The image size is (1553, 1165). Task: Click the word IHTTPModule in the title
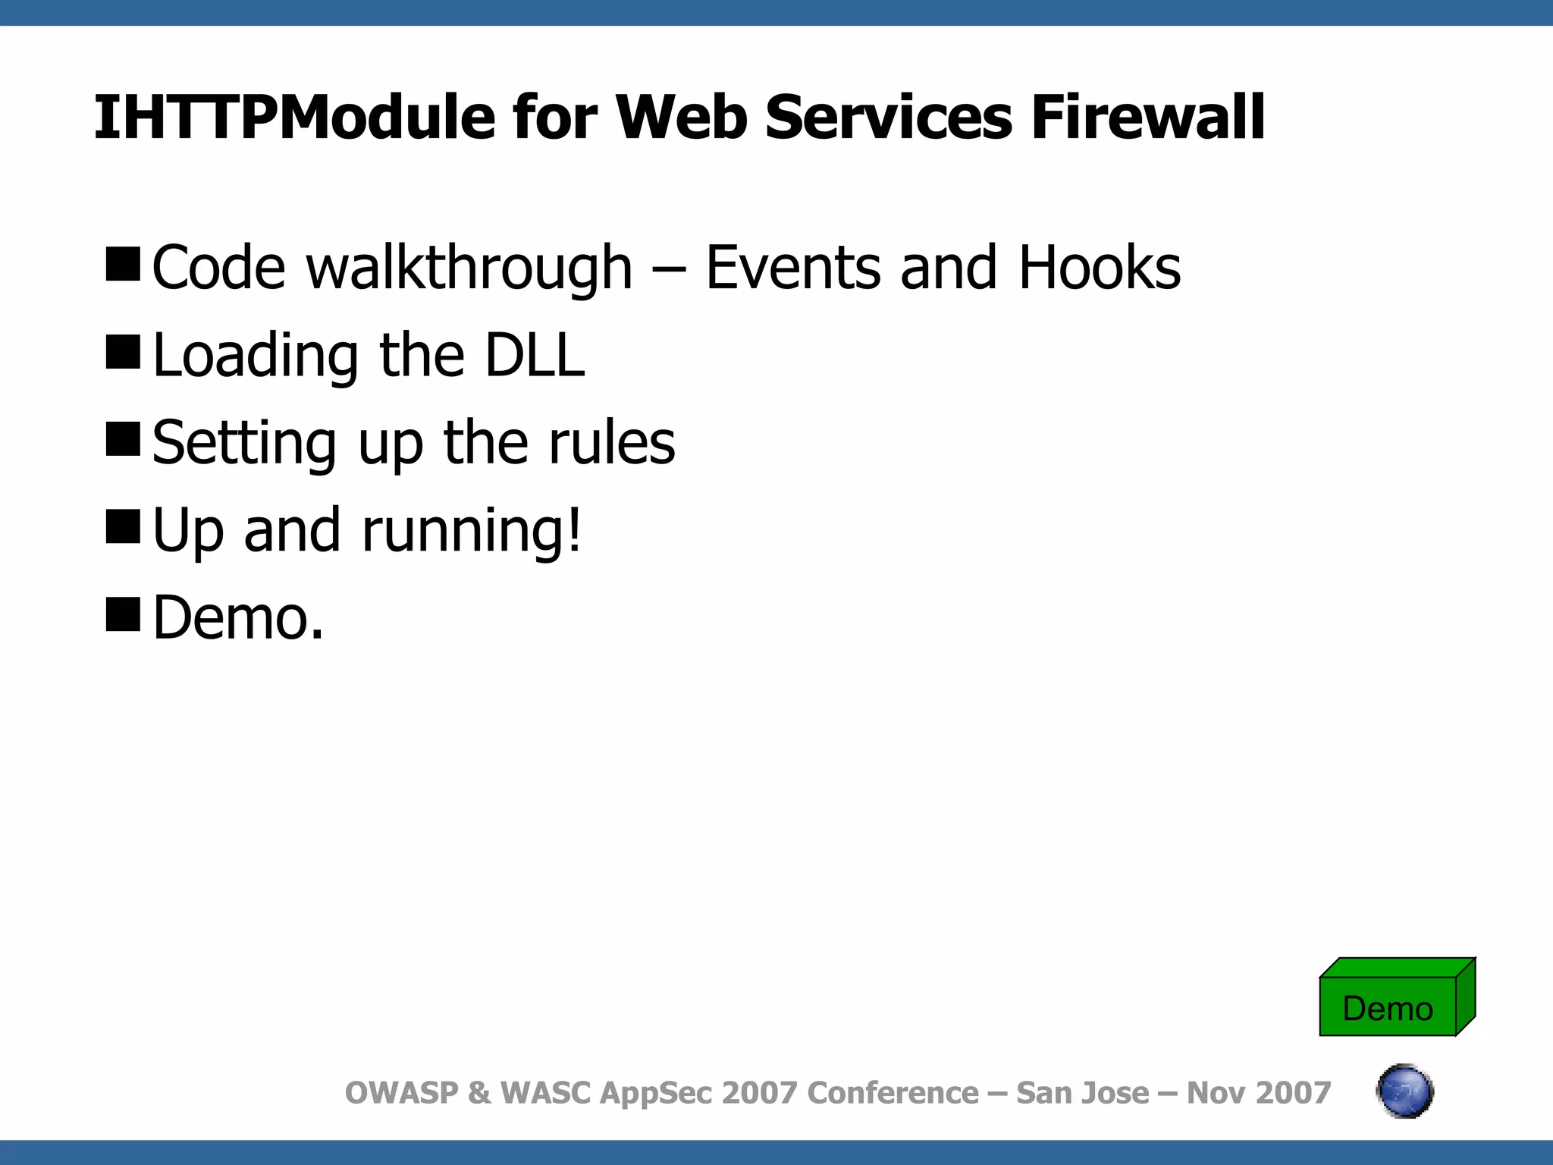pyautogui.click(x=294, y=118)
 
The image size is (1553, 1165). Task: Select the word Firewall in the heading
pyautogui.click(x=1147, y=118)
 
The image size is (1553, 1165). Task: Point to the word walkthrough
pyautogui.click(x=469, y=268)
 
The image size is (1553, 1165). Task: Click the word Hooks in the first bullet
pyautogui.click(x=1100, y=268)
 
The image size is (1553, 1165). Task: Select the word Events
pyautogui.click(x=793, y=268)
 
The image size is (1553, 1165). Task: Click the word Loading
pyautogui.click(x=256, y=356)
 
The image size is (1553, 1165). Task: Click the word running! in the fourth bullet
pyautogui.click(x=472, y=531)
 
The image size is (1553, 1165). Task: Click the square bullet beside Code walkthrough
pyautogui.click(x=123, y=264)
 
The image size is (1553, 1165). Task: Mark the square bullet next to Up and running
pyautogui.click(x=123, y=526)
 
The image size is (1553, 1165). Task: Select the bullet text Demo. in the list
pyautogui.click(x=238, y=617)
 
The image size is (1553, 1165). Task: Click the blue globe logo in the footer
pyautogui.click(x=1404, y=1091)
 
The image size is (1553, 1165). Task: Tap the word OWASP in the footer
pyautogui.click(x=402, y=1093)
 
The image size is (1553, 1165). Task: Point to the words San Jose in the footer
pyautogui.click(x=1082, y=1093)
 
